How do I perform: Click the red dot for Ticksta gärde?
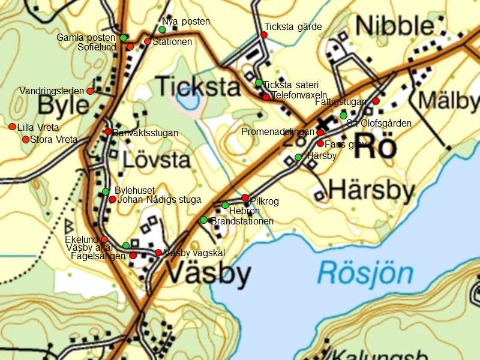pyautogui.click(x=263, y=35)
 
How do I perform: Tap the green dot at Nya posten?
pyautogui.click(x=162, y=29)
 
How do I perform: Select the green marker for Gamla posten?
pyautogui.click(x=123, y=38)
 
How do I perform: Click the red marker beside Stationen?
pyautogui.click(x=147, y=41)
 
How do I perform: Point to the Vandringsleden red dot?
pyautogui.click(x=90, y=91)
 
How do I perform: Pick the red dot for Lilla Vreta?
pyautogui.click(x=12, y=127)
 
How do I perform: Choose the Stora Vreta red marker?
pyautogui.click(x=26, y=139)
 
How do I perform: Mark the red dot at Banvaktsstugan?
pyautogui.click(x=108, y=131)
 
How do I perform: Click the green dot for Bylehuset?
pyautogui.click(x=106, y=191)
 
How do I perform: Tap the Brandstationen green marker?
pyautogui.click(x=203, y=220)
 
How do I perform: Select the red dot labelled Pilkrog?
pyautogui.click(x=245, y=197)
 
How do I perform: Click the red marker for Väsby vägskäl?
pyautogui.click(x=158, y=253)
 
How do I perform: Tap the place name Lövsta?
pyautogui.click(x=157, y=160)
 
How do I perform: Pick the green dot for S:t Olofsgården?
pyautogui.click(x=343, y=115)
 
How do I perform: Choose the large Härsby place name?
pyautogui.click(x=372, y=191)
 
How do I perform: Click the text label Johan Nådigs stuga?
pyautogui.click(x=159, y=200)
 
